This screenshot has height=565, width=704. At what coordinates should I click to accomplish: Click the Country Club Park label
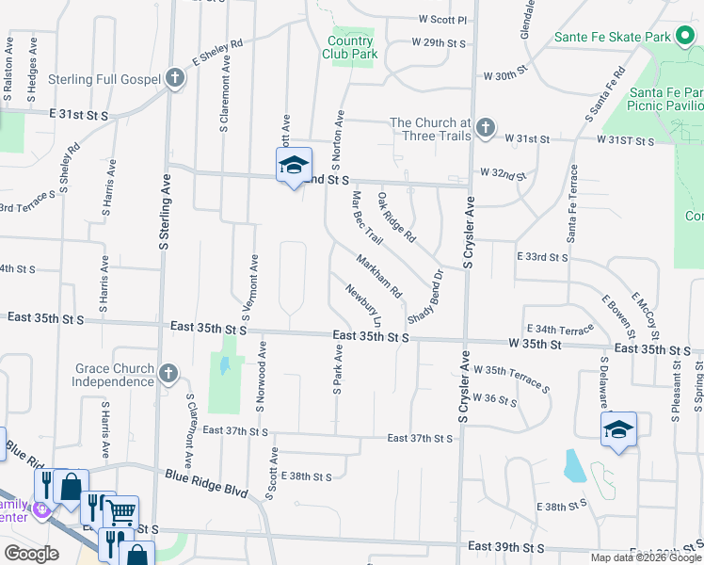coord(352,47)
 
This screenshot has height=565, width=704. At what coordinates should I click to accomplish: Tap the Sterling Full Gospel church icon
coord(175,78)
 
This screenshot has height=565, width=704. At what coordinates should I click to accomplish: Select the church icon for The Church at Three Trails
coord(485,128)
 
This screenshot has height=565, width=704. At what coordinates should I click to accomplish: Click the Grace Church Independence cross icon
coord(168,374)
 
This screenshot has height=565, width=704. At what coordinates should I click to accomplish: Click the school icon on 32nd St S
coord(294,166)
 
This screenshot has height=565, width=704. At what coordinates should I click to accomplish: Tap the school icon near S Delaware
coord(619,429)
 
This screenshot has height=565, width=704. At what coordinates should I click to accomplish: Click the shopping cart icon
coord(120,512)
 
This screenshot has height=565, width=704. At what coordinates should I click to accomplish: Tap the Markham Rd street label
coord(379,275)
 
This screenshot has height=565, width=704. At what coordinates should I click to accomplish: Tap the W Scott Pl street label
coord(442,19)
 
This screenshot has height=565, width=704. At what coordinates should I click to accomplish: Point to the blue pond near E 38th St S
coord(573,464)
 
